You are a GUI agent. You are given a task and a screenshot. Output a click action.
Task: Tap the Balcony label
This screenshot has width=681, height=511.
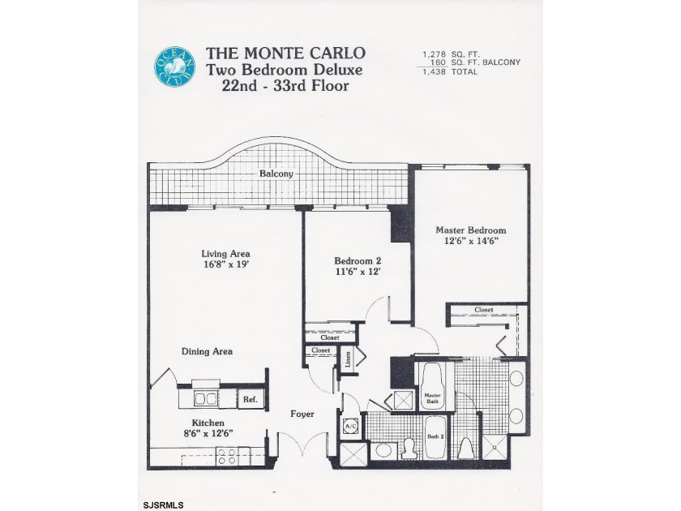click(x=276, y=174)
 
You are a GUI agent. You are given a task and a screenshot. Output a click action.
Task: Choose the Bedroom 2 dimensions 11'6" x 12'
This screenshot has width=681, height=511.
click(x=358, y=272)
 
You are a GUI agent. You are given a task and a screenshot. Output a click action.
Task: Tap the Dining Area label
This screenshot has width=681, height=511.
click(x=206, y=351)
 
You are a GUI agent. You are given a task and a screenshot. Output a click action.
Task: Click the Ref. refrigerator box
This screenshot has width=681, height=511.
click(x=250, y=399)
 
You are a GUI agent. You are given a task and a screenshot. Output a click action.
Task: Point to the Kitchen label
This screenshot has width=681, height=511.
click(x=208, y=423)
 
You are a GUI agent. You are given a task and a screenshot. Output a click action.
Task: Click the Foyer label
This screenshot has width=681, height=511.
click(x=302, y=414)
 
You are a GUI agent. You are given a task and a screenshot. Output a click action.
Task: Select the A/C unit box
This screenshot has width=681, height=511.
click(x=351, y=424)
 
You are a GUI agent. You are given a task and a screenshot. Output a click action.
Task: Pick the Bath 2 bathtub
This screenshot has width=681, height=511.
click(x=435, y=438)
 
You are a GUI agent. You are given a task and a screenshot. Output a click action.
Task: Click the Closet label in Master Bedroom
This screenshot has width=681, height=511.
click(x=483, y=309)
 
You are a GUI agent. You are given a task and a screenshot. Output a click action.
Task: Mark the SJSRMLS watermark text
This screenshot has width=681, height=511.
click(x=165, y=505)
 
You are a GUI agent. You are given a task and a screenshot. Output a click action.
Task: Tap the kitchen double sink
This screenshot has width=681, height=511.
click(x=204, y=398)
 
